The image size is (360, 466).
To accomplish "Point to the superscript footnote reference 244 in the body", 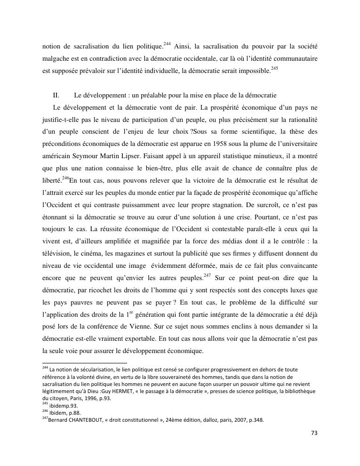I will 167,44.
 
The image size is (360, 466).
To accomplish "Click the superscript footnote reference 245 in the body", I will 275,68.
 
